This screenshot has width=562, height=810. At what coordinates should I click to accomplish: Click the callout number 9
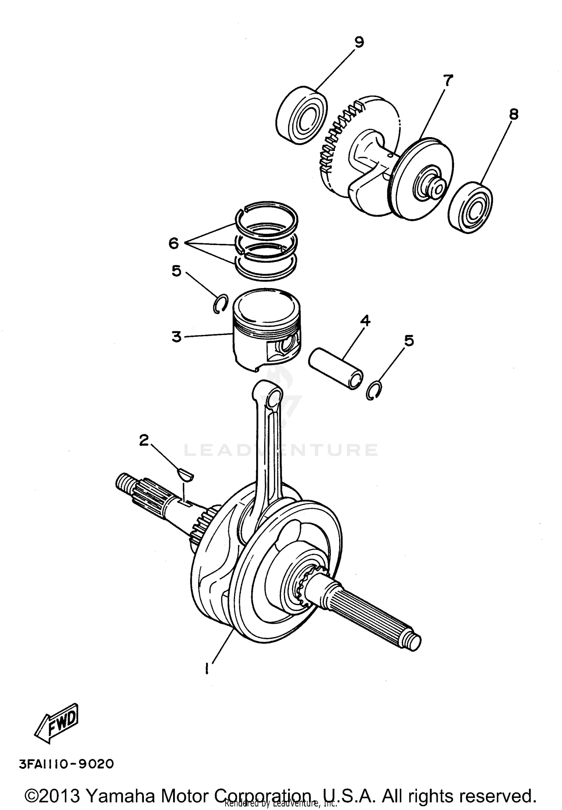tap(359, 42)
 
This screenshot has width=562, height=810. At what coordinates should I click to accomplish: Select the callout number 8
tap(514, 114)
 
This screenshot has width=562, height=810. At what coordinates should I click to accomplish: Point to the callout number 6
tap(173, 244)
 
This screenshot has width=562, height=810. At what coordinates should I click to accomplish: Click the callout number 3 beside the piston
tap(176, 336)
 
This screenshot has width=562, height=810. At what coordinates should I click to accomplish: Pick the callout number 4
tap(365, 321)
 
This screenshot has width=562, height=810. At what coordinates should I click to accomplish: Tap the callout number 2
tap(144, 440)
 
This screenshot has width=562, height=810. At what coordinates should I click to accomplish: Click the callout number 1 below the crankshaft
tap(206, 668)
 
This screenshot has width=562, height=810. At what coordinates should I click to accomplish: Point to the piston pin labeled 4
tap(336, 369)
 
